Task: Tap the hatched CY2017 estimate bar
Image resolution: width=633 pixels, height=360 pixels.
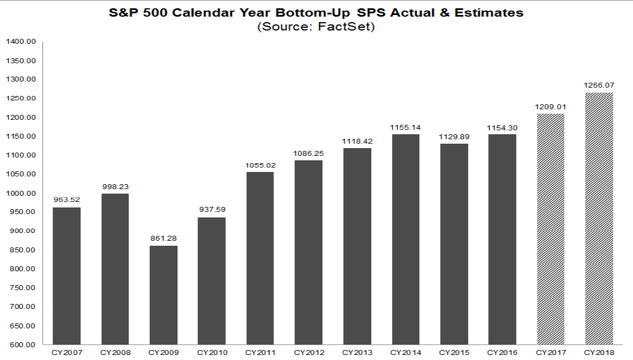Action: [x=551, y=229]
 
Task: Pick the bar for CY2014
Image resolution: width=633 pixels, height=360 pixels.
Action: [x=406, y=239]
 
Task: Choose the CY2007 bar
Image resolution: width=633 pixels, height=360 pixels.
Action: [x=67, y=276]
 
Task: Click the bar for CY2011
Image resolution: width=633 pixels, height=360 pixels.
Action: [x=260, y=258]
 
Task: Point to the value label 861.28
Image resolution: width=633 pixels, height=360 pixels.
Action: [x=163, y=239]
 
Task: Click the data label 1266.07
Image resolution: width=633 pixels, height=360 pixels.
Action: [x=599, y=85]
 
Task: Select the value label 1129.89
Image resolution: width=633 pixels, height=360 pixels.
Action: [x=454, y=136]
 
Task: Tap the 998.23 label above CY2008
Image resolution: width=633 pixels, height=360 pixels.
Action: [x=115, y=187]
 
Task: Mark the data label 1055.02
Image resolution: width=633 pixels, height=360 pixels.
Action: [x=260, y=165]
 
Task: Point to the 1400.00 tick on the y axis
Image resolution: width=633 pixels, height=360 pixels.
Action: [x=21, y=42]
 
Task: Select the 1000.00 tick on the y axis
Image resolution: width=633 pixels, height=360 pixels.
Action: [x=21, y=193]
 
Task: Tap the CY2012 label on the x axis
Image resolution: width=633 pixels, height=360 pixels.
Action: [x=308, y=353]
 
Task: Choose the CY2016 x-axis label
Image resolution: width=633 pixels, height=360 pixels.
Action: [x=502, y=353]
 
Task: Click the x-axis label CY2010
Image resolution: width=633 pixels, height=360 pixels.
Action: [x=211, y=353]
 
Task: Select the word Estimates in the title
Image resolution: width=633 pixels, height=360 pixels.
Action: [x=491, y=13]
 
